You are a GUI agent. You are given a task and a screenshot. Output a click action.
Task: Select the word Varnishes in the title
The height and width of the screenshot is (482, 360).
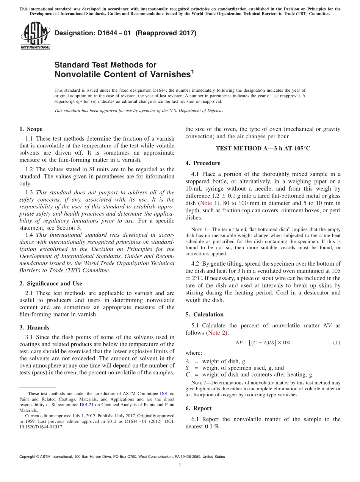[166, 75]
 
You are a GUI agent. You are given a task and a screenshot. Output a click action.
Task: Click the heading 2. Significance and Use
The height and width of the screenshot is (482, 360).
[51, 283]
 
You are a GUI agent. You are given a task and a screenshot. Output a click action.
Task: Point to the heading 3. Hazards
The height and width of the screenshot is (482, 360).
[34, 327]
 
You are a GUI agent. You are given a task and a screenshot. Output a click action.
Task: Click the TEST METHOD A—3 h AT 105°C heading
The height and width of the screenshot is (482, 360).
[263, 149]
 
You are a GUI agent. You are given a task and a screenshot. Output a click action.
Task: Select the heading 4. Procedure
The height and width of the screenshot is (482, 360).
[203, 163]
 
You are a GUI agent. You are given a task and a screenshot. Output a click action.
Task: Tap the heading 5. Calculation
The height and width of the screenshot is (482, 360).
[205, 315]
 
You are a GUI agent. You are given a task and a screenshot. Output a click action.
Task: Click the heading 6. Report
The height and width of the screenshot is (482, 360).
[199, 408]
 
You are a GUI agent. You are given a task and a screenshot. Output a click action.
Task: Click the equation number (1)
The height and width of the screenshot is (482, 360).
[337, 343]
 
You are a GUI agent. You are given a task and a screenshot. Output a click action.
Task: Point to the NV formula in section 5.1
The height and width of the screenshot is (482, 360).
[263, 343]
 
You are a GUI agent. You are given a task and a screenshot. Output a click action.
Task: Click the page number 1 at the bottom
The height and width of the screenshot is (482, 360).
[180, 466]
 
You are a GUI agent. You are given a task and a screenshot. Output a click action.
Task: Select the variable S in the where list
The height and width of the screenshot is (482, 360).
[187, 368]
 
